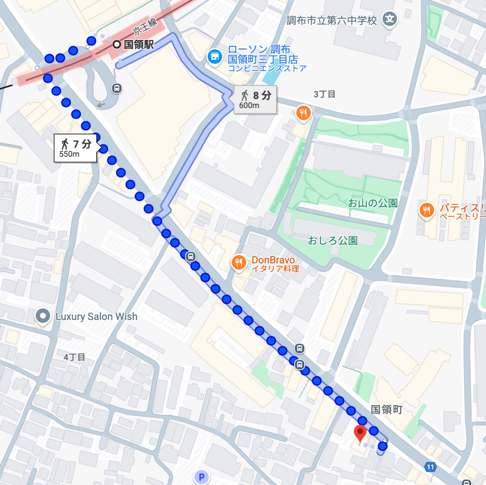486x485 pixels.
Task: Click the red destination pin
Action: (x=360, y=433)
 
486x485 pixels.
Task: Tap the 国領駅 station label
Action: (x=138, y=45)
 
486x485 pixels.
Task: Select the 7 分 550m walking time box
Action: (x=75, y=148)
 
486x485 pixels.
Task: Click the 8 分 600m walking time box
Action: (x=255, y=100)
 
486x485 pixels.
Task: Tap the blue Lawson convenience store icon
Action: (x=215, y=57)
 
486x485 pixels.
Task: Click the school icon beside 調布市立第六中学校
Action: (x=390, y=19)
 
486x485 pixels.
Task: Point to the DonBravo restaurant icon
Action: (x=239, y=262)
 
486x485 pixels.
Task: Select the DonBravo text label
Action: (x=273, y=260)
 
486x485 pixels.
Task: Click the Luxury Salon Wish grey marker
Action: (x=43, y=316)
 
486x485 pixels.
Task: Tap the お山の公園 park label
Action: (x=373, y=203)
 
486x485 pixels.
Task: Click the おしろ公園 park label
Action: (x=333, y=241)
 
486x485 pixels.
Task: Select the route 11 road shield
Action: (x=430, y=467)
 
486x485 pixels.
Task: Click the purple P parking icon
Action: (x=201, y=477)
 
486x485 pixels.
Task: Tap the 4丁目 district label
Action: (x=74, y=357)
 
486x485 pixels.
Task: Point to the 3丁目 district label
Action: (x=324, y=94)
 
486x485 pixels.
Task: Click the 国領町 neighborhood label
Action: (x=387, y=410)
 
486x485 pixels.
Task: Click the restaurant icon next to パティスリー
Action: (x=426, y=210)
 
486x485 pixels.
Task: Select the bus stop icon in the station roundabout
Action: (x=117, y=88)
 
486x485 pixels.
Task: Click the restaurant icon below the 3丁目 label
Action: (x=303, y=113)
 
